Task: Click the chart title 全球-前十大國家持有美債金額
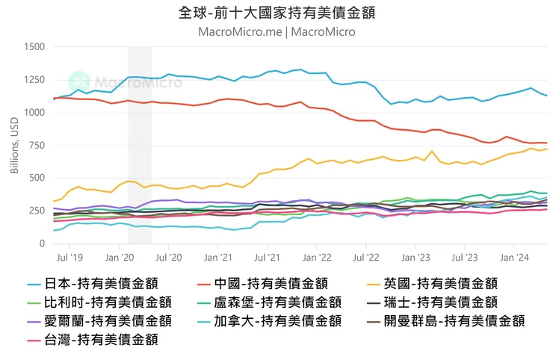276,13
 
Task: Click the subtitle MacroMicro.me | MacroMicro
276,32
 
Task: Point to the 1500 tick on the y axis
34,47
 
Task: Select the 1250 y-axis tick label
34,80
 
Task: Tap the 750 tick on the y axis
37,146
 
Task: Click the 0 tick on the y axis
42,244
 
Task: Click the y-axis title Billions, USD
14,146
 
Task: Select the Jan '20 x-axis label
119,258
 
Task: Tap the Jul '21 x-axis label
268,258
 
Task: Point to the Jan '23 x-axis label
415,258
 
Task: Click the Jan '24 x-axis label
515,258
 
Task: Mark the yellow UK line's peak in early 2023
432,152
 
